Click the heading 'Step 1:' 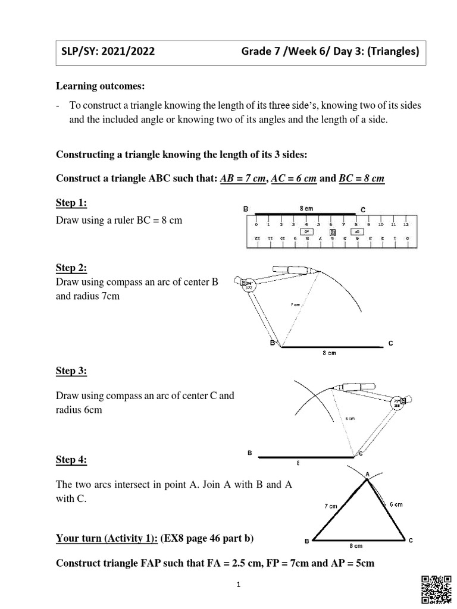(71, 203)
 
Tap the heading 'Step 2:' (71, 268)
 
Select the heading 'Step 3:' (71, 371)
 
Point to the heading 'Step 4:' (71, 460)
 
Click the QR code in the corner (437, 590)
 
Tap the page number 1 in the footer (237, 585)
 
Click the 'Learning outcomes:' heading (100, 87)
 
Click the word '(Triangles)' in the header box (390, 52)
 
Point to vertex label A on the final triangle (367, 473)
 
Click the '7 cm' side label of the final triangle (331, 506)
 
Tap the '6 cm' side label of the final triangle (396, 504)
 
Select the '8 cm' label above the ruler (306, 209)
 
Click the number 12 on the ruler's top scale (405, 225)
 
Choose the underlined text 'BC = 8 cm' (362, 180)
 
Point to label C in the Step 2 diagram (390, 344)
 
